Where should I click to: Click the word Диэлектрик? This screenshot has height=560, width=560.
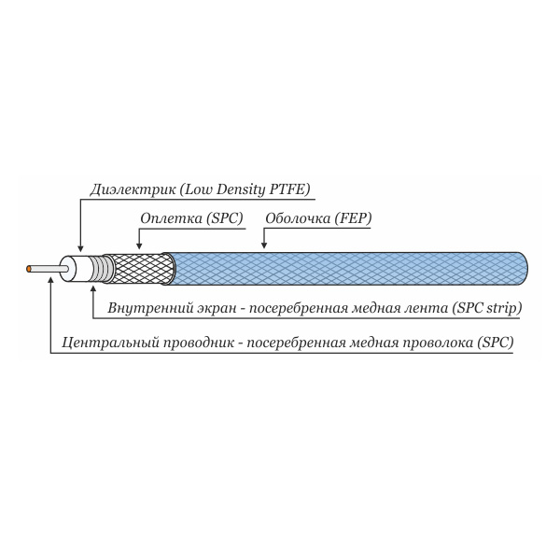tap(133, 189)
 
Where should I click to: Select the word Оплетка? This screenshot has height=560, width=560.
tap(171, 218)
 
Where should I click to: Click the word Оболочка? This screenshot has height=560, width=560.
tap(298, 218)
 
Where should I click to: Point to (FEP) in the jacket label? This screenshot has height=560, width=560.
tap(353, 218)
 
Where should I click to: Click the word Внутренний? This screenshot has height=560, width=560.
tap(150, 308)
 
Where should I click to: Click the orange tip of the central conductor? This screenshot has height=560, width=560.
tap(29, 269)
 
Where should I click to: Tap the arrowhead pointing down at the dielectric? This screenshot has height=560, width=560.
tap(80, 248)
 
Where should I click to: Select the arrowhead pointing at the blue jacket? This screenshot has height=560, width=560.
tap(264, 245)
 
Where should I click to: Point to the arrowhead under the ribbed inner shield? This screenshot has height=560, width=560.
tap(93, 289)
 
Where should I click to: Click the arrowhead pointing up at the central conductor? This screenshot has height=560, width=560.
tap(51, 279)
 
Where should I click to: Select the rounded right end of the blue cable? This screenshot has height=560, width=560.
tap(524, 269)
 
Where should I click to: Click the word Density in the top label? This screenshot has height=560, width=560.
tap(241, 189)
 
